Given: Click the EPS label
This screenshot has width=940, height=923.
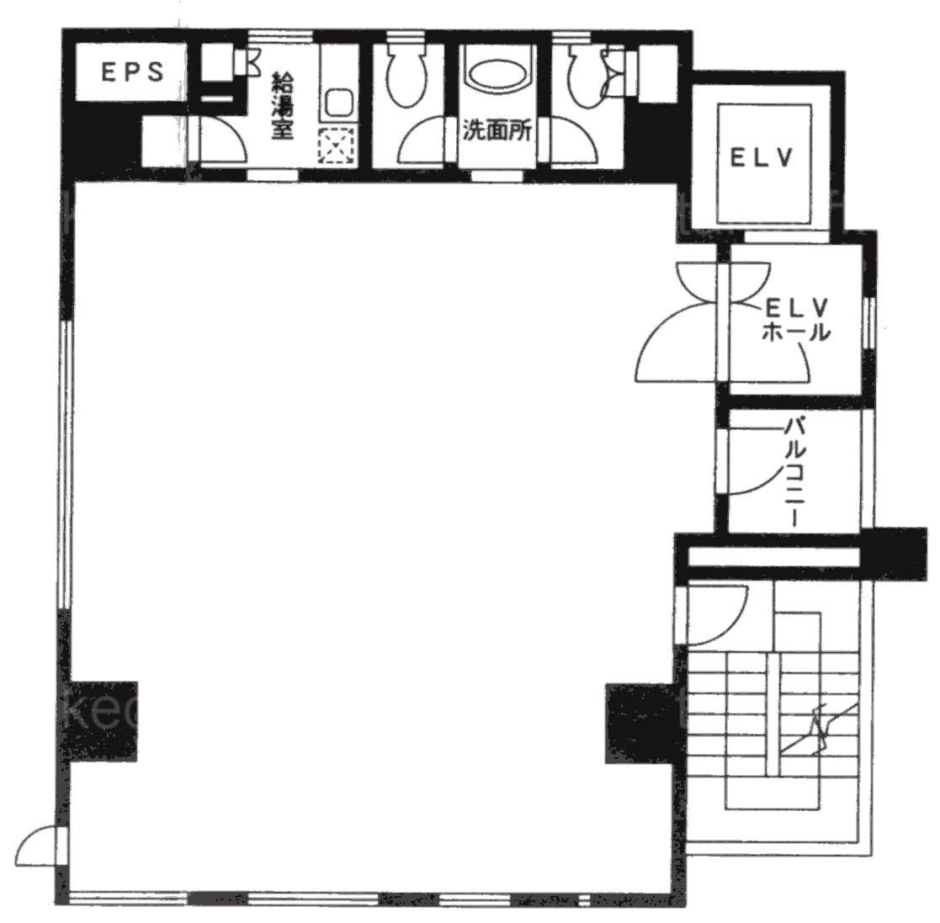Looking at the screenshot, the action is click(x=132, y=72).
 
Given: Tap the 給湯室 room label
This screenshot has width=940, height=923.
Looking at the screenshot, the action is click(x=283, y=106).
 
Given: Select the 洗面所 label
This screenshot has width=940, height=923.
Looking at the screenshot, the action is click(x=497, y=130).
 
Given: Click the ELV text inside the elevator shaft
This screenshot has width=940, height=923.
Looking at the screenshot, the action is click(x=762, y=157).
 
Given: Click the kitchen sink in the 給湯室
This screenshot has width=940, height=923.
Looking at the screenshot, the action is click(x=338, y=104).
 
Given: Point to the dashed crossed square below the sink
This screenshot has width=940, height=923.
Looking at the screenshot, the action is click(x=337, y=147).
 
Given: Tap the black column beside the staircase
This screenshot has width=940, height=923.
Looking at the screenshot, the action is click(x=641, y=723).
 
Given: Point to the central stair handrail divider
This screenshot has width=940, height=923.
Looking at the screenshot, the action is click(x=774, y=713).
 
